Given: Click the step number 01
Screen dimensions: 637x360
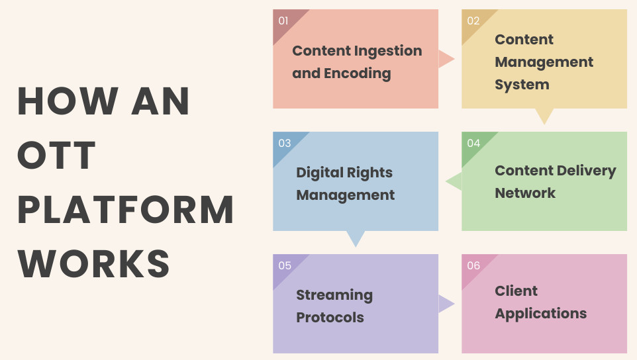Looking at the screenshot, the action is pos(283,21).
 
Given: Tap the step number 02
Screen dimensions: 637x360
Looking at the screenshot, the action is pos(473,21).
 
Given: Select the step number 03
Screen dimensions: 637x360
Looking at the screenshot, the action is pos(284,143).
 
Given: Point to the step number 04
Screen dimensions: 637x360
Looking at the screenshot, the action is pos(473,143).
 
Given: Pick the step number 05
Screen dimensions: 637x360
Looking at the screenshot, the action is pos(285,266).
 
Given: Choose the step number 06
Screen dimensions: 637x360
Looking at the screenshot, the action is pos(473,266).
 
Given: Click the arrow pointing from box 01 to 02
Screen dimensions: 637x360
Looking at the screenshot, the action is pos(446,60).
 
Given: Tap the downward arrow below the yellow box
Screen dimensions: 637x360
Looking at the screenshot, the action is pos(544,116).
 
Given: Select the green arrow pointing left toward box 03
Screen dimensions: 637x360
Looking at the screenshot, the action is pos(454,181).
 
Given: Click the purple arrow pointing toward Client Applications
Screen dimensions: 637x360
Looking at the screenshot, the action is pos(446,304).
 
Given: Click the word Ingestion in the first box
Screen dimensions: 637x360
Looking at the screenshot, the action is pos(388,52).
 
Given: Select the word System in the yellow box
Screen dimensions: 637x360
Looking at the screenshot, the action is pos(522,85).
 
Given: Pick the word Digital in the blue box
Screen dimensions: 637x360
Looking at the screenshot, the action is pos(319,173).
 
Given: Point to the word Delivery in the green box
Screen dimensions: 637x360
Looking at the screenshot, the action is pos(586,171).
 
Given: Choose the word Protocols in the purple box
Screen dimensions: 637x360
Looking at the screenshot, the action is pos(330,318).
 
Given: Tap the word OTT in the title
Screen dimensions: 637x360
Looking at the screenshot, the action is pos(56,156).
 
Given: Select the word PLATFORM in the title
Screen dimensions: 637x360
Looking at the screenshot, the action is pos(126,210).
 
